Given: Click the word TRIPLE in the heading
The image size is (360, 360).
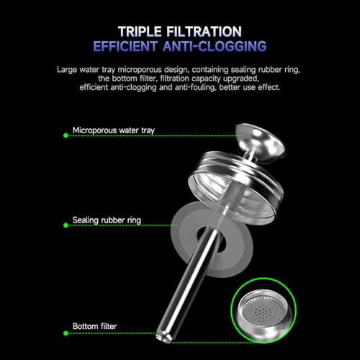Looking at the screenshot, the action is point(140,32).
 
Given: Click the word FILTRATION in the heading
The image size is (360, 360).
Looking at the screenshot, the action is point(204,32).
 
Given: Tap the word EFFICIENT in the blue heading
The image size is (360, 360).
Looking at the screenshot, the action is point(125,46).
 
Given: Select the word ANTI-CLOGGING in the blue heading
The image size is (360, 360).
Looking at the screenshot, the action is point(215,46).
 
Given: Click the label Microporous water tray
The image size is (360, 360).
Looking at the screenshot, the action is point(114,130).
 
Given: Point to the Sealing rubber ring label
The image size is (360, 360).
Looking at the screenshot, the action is point(107,220).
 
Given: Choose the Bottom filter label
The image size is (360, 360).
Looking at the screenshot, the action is point(94,326).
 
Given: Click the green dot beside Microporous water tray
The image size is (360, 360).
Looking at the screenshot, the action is point(66,135).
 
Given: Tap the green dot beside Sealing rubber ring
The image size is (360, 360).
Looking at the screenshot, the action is point(66,225).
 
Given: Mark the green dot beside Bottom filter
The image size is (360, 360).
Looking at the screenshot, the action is point(66,333).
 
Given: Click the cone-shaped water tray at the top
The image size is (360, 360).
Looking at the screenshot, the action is point(261,142).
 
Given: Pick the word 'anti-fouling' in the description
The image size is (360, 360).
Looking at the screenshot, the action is point(196,87).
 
